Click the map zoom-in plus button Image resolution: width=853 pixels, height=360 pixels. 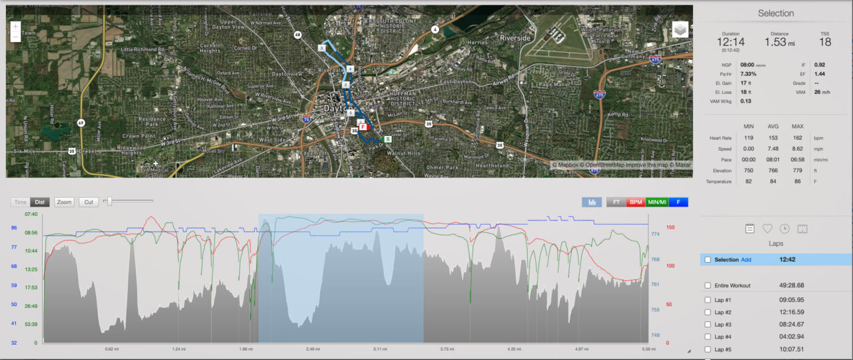pyautogui.click(x=15, y=27)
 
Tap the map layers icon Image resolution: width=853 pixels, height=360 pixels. pyautogui.click(x=680, y=30)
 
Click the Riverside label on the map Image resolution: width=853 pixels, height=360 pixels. pyautogui.click(x=515, y=39)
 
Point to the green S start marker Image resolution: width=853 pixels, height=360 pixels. pyautogui.click(x=387, y=139)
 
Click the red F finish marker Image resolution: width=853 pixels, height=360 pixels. pyautogui.click(x=363, y=126)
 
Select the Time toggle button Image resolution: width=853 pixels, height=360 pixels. pyautogui.click(x=21, y=202)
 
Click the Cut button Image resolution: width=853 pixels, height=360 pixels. pyautogui.click(x=89, y=202)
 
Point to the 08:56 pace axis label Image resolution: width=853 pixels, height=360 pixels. pyautogui.click(x=31, y=233)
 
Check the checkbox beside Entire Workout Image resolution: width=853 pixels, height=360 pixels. pyautogui.click(x=707, y=286)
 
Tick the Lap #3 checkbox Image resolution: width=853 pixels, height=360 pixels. pyautogui.click(x=707, y=325)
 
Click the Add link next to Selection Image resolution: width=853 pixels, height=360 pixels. pyautogui.click(x=746, y=260)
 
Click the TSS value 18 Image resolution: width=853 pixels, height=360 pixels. pyautogui.click(x=825, y=42)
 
